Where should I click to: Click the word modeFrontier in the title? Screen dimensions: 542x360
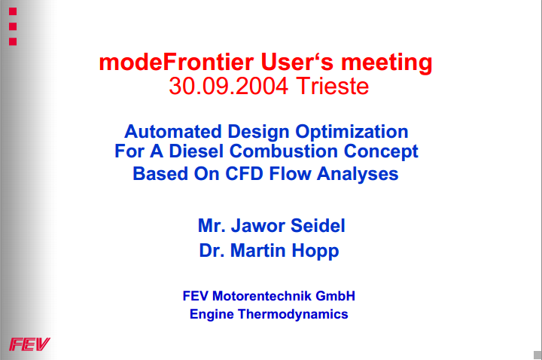coord(176,63)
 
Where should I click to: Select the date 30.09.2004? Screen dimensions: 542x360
coord(229,86)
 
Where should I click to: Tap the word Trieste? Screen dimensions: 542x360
coord(333,86)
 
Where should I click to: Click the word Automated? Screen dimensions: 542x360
coord(173,131)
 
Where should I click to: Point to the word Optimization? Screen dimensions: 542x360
coord(352,133)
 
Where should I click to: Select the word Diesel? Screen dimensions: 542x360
coord(196,151)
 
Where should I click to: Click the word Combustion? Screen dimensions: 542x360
coord(284,151)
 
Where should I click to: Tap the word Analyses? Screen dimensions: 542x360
coord(358,174)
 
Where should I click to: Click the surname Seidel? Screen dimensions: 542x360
coord(318,226)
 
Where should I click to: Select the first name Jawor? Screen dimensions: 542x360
coord(258,226)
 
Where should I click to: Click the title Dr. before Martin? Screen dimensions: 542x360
coord(212,250)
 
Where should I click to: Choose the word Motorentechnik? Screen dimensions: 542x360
coord(262,296)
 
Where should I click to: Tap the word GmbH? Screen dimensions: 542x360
coord(335,296)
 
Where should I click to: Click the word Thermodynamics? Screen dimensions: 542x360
coord(293,315)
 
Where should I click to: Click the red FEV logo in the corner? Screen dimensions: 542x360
coord(29,344)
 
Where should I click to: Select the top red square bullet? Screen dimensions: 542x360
coord(13,11)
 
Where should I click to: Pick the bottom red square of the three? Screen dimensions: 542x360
coord(13,41)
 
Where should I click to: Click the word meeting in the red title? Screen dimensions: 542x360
coord(386,63)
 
